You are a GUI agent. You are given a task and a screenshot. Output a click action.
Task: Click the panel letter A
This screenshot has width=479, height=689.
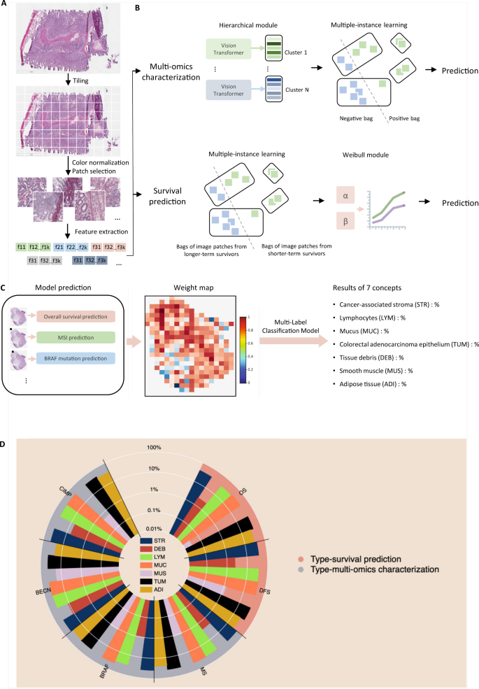(x=5, y=5)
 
